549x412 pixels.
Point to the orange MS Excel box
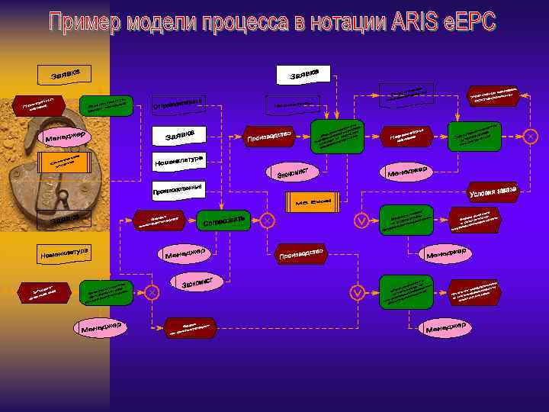click(313, 200)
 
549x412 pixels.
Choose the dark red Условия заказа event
click(493, 191)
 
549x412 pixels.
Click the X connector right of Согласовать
click(268, 220)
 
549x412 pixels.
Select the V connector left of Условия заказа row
click(361, 220)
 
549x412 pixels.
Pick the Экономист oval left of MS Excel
click(292, 172)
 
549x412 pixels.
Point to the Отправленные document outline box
click(180, 103)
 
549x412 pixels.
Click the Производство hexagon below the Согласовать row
click(302, 255)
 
